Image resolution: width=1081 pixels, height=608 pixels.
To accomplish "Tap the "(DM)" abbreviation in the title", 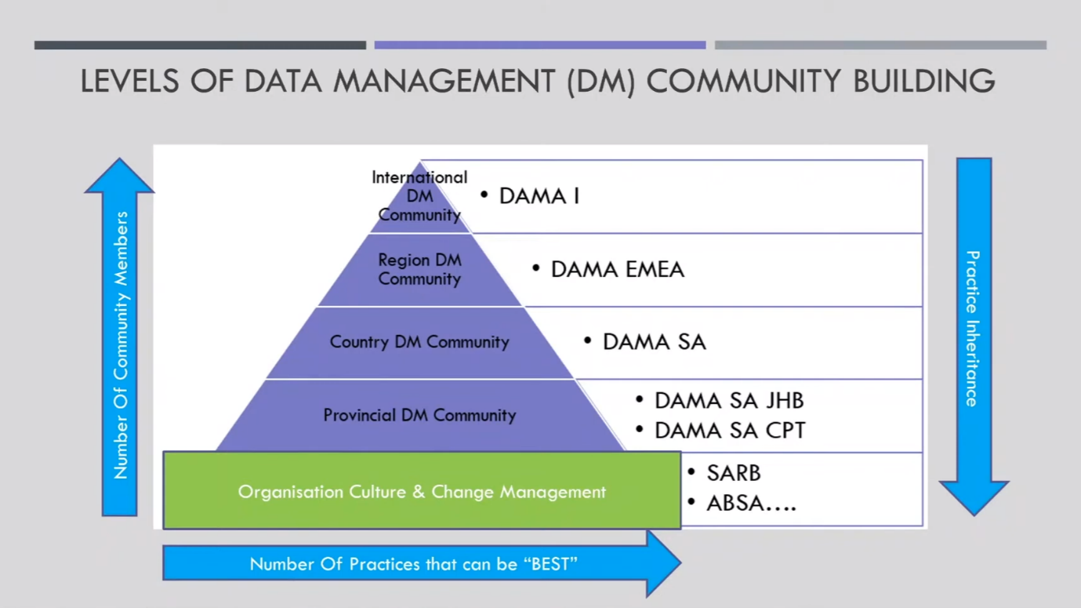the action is pyautogui.click(x=600, y=81).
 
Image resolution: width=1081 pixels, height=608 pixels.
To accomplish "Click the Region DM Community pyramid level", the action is pyautogui.click(x=419, y=269).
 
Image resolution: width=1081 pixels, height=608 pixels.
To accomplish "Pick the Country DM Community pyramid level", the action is pyautogui.click(x=419, y=342).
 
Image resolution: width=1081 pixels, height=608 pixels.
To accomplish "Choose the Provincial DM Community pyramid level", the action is pyautogui.click(x=419, y=415).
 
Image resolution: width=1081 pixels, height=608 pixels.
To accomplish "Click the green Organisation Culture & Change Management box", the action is pyautogui.click(x=422, y=492).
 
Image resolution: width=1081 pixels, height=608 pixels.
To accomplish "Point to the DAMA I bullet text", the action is pyautogui.click(x=539, y=196).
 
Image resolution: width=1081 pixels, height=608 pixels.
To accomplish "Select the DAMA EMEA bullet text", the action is pyautogui.click(x=617, y=269).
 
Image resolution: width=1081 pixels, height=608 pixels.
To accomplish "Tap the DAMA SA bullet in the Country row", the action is pyautogui.click(x=654, y=342).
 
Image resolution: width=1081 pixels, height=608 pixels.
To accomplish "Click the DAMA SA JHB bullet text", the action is pyautogui.click(x=729, y=401).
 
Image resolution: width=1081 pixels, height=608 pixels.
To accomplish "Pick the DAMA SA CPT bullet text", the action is pyautogui.click(x=730, y=431).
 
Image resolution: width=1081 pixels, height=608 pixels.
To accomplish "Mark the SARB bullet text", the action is pyautogui.click(x=733, y=473).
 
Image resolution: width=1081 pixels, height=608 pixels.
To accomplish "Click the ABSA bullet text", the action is pyautogui.click(x=750, y=503).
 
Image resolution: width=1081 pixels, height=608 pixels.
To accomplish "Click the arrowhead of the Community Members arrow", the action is pyautogui.click(x=119, y=177).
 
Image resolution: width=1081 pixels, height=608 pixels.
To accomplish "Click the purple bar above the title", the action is pyautogui.click(x=539, y=46).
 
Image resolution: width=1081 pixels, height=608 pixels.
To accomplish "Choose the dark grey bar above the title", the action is pyautogui.click(x=200, y=46).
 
